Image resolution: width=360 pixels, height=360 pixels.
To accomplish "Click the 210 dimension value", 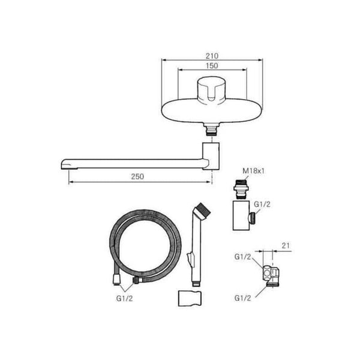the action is point(212,56).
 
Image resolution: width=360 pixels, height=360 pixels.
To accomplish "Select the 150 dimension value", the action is point(212,65).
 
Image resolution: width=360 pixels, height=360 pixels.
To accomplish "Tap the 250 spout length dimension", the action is point(137,176).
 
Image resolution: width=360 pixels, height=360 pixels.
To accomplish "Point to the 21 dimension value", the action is point(286,245).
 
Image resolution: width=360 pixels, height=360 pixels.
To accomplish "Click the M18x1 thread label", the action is point(253,171).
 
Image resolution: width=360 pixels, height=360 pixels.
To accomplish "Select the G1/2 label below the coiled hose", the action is point(124,298).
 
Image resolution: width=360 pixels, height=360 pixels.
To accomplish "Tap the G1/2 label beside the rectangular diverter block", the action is point(262,204).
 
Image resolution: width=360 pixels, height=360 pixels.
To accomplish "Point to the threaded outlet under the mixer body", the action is point(212,130).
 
